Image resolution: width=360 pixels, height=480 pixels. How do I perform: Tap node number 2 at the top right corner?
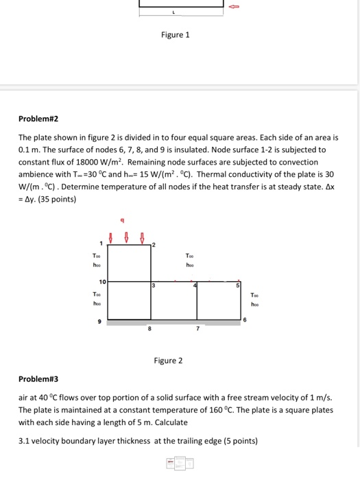pyautogui.click(x=153, y=245)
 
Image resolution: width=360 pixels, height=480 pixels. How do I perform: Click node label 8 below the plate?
pyautogui.click(x=150, y=329)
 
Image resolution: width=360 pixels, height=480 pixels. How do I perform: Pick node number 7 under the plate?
pyautogui.click(x=197, y=329)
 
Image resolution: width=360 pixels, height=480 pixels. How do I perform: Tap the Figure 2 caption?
pyautogui.click(x=168, y=360)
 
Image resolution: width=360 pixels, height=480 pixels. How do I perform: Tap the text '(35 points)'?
pyautogui.click(x=57, y=200)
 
